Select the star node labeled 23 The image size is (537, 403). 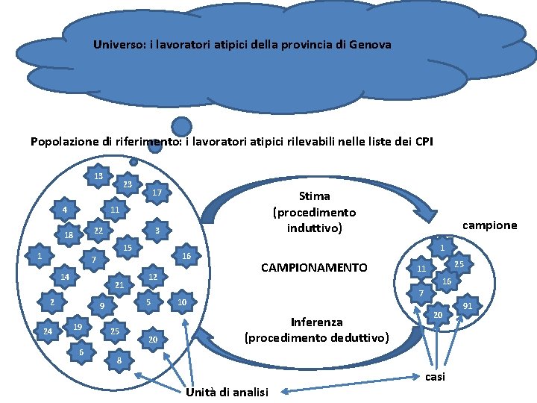pos(127,184)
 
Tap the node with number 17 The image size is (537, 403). pos(157,193)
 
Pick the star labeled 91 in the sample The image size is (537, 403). pos(468,305)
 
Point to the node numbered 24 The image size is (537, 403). pos(48,331)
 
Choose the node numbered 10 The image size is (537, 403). pos(181,302)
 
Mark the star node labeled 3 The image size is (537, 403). pos(157,231)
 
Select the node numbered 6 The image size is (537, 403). pos(81,352)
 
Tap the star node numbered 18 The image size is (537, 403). pos(69,235)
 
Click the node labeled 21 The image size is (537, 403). pos(119,285)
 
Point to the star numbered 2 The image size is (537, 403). pos(51,302)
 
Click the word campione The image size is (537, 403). pos(489,225)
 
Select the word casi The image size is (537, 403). pos(435,377)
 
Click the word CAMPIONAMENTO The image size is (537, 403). pos(313,267)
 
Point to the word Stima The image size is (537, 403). pos(314,196)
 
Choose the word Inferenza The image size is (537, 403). pos(317,322)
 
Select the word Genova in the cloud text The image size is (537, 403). pos(371,44)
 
